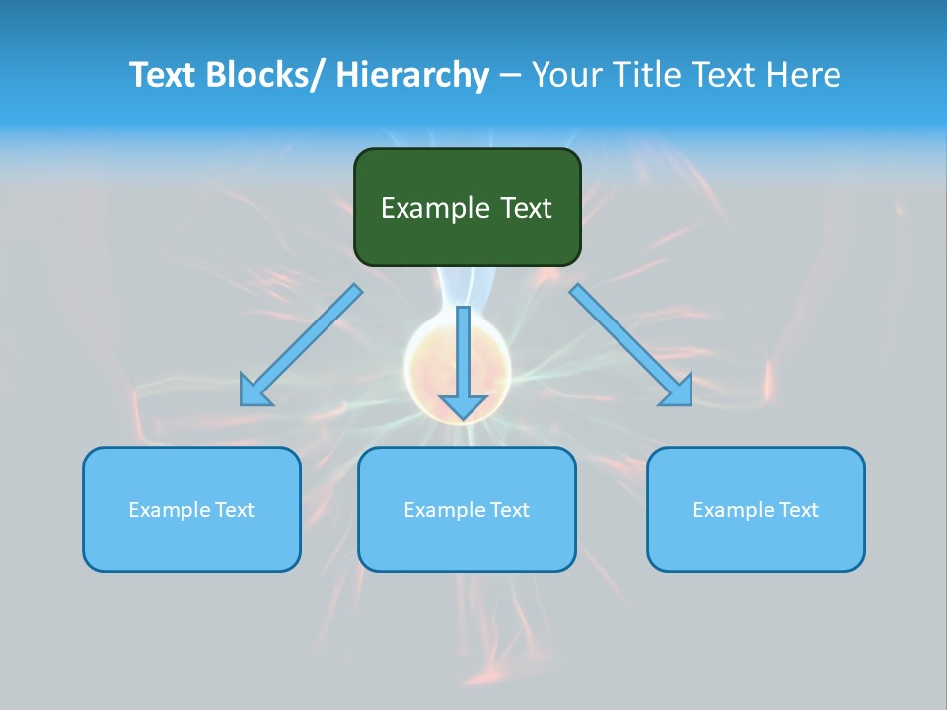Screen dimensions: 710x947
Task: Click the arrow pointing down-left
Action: click(301, 345)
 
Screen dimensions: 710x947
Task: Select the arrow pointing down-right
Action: click(631, 345)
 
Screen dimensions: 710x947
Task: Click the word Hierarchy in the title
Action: click(412, 75)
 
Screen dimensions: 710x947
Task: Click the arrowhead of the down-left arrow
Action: click(255, 391)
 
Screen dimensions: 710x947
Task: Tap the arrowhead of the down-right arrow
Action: click(678, 391)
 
